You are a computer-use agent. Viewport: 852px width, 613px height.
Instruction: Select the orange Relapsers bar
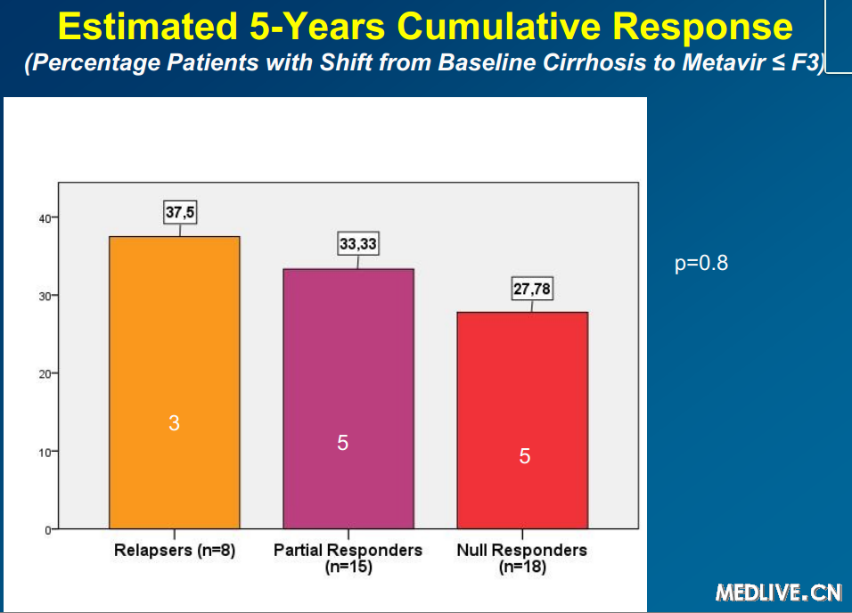[174, 382]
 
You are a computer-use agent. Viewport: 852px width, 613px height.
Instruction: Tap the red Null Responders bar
[522, 420]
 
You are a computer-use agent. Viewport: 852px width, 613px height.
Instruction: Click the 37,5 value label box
[181, 212]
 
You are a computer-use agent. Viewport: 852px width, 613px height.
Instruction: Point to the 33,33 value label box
[358, 243]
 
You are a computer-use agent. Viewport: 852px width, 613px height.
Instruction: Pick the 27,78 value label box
[533, 289]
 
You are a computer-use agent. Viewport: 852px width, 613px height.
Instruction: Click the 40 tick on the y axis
[42, 217]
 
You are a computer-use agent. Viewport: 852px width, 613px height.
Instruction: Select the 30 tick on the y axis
[42, 296]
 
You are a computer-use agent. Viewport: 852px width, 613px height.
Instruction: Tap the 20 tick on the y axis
[42, 373]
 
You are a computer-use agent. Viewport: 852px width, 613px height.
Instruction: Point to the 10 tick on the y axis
[42, 452]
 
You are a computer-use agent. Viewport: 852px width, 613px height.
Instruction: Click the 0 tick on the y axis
[45, 529]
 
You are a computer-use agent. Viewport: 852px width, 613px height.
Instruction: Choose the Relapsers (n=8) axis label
[175, 551]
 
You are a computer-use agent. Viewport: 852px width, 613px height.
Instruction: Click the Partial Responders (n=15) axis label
[348, 558]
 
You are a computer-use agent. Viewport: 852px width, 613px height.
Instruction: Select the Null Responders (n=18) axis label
[522, 558]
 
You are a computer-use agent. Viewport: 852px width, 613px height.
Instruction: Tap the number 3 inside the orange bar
[174, 424]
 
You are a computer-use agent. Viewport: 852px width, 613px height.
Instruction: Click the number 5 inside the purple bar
[343, 443]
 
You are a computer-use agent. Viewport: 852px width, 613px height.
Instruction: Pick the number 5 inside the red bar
[525, 456]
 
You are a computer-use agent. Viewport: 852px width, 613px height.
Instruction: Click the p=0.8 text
[701, 264]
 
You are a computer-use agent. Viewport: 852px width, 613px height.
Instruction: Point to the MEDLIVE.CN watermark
[778, 592]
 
